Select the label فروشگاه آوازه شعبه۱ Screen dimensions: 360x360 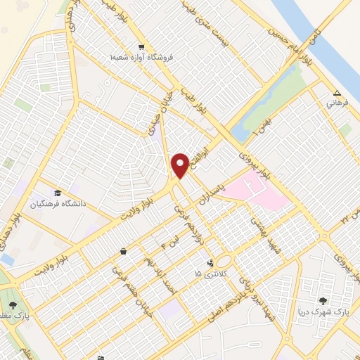click(151, 58)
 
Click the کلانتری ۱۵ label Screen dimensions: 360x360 click(210, 273)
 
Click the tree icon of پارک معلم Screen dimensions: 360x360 click(13, 304)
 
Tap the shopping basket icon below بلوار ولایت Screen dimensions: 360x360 click(124, 250)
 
